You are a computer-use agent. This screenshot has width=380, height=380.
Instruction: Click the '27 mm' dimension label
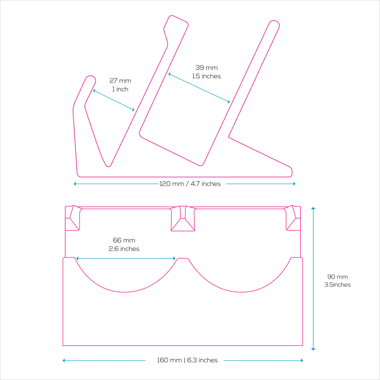click(120, 81)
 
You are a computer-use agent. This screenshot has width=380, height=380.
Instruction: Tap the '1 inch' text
click(120, 89)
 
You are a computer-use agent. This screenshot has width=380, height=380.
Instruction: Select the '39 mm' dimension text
click(206, 67)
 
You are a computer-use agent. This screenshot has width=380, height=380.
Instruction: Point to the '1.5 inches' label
click(206, 76)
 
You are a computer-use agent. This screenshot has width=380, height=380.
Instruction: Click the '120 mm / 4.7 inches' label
click(190, 184)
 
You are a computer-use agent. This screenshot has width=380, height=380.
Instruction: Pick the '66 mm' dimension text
click(124, 240)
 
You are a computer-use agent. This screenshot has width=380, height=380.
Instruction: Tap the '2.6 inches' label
click(124, 249)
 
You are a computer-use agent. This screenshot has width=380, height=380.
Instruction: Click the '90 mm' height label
click(337, 277)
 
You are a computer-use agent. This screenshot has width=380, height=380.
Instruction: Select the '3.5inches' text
click(337, 285)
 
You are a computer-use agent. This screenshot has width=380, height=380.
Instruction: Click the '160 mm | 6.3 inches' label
click(187, 360)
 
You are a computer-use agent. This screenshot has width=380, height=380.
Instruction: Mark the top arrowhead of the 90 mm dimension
click(313, 208)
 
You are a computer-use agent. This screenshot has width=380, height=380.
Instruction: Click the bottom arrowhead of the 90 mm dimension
click(313, 349)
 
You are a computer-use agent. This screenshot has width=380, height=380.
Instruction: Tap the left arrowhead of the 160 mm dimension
click(64, 360)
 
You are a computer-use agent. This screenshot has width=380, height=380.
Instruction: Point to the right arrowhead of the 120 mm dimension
click(294, 184)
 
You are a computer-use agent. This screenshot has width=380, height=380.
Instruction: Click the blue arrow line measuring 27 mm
click(114, 100)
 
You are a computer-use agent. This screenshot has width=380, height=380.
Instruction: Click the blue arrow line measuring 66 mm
click(126, 258)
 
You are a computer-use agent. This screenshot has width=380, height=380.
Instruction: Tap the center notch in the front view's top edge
click(183, 218)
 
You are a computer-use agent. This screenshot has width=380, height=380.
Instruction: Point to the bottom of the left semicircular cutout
click(124, 292)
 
